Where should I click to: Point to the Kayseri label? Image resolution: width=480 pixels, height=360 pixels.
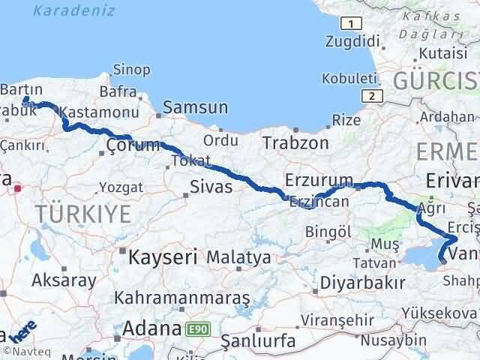tap(163, 257)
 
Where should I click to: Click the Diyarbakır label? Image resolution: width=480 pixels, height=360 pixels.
tap(362, 282)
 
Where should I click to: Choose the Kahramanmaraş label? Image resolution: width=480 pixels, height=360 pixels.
tap(181, 298)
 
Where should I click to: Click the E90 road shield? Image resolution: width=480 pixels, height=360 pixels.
tap(200, 329)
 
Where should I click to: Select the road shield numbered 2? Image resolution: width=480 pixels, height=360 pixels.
tap(370, 95)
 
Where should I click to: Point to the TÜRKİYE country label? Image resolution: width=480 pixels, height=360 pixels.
tap(82, 214)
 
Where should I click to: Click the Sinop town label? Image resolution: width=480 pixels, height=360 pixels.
tap(130, 70)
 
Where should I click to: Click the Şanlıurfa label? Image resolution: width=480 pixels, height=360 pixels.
tap(261, 340)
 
